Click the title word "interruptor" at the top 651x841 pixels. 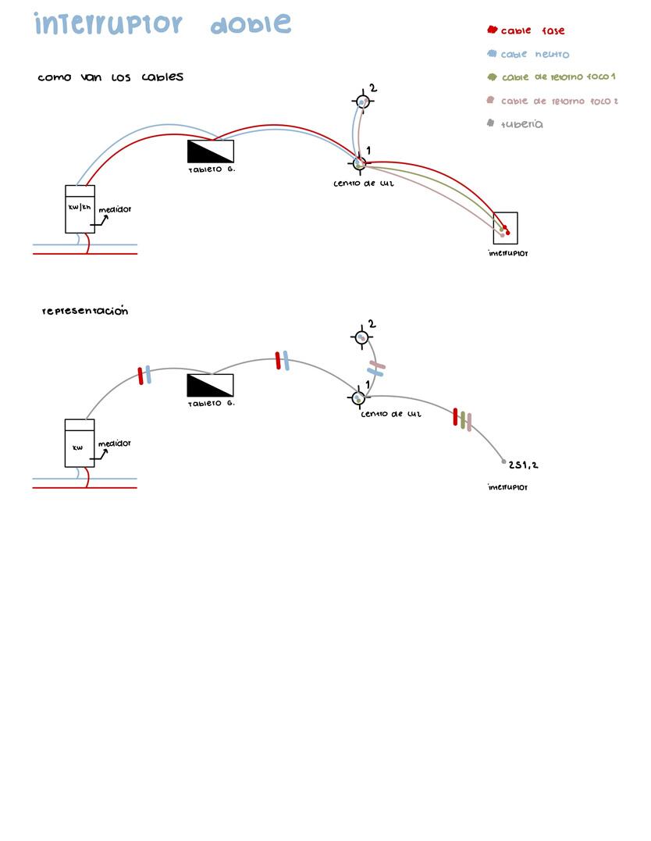click(x=108, y=24)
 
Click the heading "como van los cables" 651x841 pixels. click(x=110, y=77)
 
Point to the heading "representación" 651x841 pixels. click(x=85, y=311)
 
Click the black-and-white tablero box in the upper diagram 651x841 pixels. click(x=211, y=151)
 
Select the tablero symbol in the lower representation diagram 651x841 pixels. click(x=211, y=385)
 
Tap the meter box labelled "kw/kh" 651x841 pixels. click(x=80, y=208)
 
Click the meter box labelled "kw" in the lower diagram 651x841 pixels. click(x=79, y=443)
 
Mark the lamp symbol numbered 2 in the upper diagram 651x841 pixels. click(x=362, y=102)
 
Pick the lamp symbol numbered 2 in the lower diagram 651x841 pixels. click(x=361, y=337)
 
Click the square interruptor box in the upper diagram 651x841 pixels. click(x=505, y=227)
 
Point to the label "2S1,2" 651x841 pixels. click(x=523, y=465)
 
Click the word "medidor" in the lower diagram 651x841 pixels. click(x=115, y=444)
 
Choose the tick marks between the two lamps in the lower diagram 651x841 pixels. click(x=376, y=369)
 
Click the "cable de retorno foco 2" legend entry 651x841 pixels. click(x=559, y=101)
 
